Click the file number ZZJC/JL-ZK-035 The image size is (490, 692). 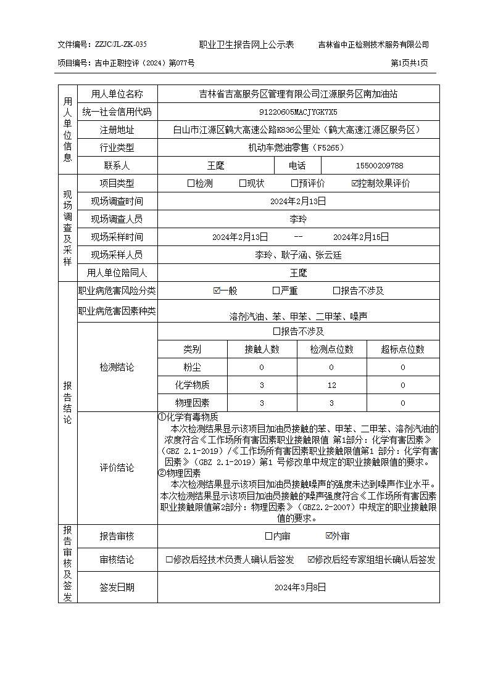click(121, 44)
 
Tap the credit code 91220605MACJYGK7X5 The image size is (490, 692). click(298, 112)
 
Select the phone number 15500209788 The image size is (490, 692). click(380, 165)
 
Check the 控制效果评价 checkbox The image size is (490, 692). click(355, 183)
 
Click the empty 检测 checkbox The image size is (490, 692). click(191, 183)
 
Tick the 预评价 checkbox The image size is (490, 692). click(295, 183)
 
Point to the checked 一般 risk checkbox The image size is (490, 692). click(217, 290)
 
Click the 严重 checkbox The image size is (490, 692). click(276, 290)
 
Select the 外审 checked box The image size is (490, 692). click(329, 536)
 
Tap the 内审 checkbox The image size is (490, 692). click(268, 536)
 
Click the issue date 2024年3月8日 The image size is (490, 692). click(299, 587)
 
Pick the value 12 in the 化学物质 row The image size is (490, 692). click(332, 385)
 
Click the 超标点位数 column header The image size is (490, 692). click(403, 349)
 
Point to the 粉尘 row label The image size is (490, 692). click(192, 367)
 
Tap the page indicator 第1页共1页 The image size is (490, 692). click(410, 63)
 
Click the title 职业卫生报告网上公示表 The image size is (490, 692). click(246, 44)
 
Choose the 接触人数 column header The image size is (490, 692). click(262, 349)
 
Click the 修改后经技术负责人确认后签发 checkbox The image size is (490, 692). click(169, 559)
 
